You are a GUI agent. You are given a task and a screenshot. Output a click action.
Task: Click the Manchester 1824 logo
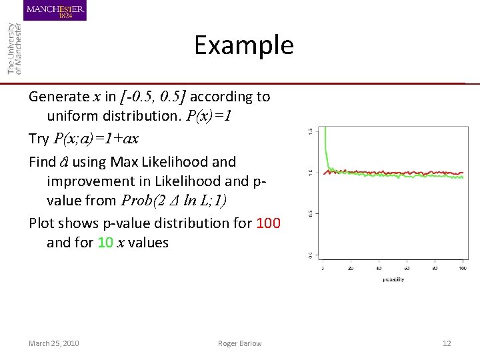tap(56, 11)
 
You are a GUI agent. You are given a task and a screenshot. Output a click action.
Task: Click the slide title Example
tap(243, 45)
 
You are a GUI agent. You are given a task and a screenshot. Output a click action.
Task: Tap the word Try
tap(39, 139)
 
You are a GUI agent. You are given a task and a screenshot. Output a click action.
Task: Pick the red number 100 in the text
tap(268, 223)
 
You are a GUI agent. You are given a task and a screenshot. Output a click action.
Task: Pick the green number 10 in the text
tap(105, 243)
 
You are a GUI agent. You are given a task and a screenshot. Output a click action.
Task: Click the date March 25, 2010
tap(54, 343)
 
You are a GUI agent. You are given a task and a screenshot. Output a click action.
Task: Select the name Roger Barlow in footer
tap(239, 343)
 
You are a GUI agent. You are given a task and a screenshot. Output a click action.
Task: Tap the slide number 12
tap(447, 343)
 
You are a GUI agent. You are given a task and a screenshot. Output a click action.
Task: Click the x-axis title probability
tap(393, 279)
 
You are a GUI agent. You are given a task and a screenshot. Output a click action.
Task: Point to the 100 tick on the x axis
tap(462, 269)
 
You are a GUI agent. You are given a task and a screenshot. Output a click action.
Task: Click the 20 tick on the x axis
tap(351, 269)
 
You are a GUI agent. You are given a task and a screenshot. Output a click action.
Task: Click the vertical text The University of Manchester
tap(14, 48)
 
